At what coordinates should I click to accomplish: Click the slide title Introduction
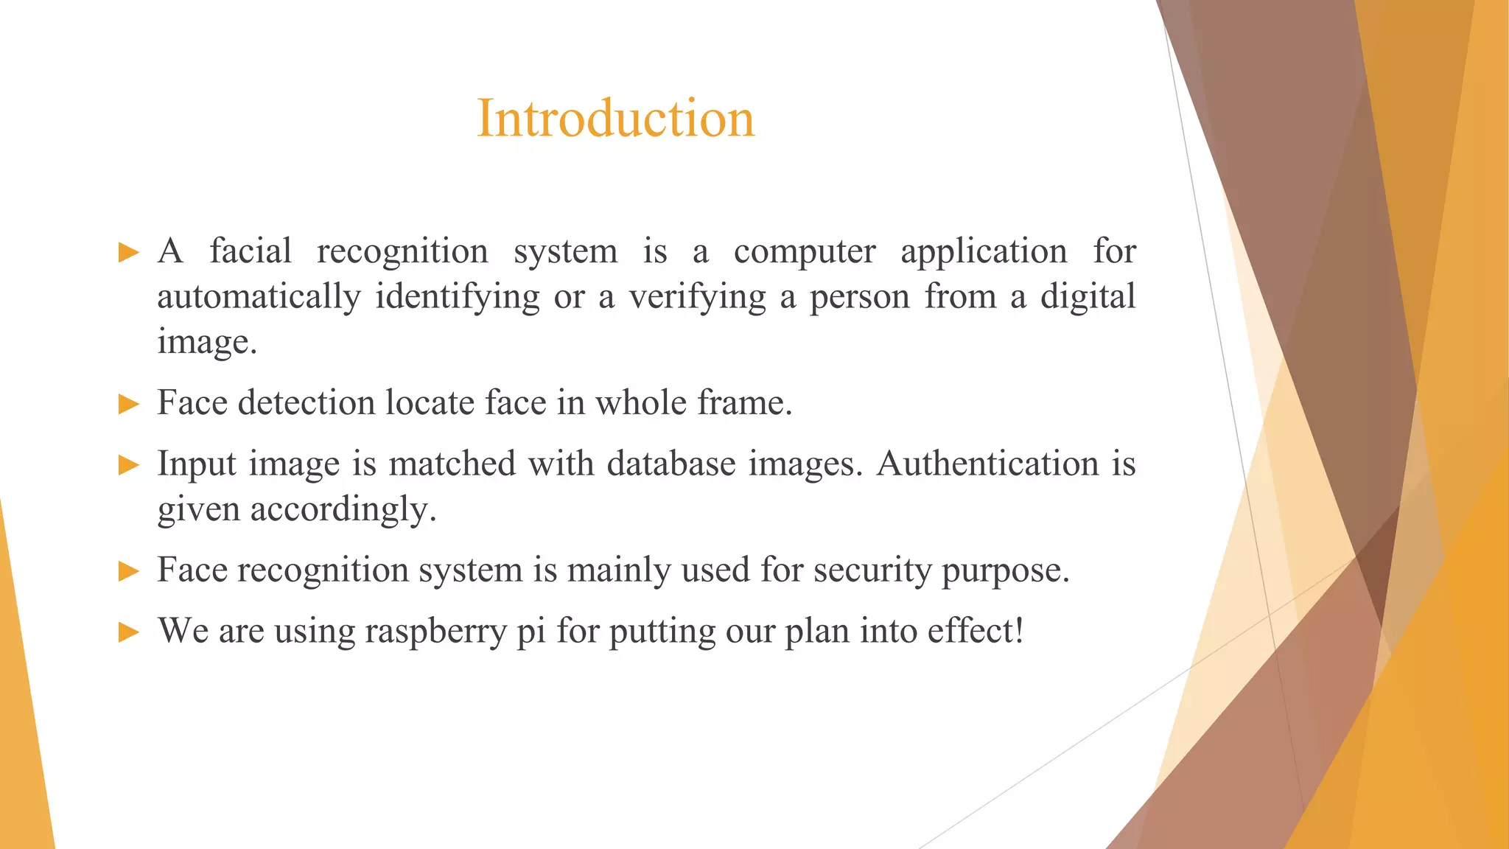coord(615,118)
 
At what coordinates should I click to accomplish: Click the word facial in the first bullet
coord(251,251)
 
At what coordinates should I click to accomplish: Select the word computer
coord(805,252)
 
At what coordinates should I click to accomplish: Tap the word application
coord(984,252)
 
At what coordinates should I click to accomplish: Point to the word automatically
coord(259,297)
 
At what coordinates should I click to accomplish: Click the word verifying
coord(697,297)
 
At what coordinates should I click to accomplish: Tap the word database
coord(671,464)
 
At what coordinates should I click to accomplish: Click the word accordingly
coord(343,509)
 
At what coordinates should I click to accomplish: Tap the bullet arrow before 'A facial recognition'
coord(128,253)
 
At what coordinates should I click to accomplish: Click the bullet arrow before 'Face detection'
coord(128,404)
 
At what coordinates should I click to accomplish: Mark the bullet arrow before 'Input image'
coord(128,465)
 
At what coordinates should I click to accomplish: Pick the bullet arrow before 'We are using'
coord(128,632)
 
